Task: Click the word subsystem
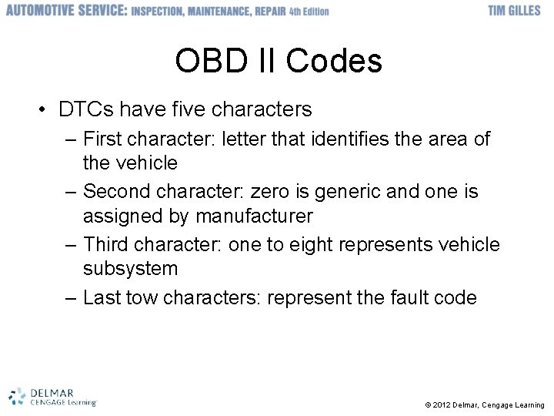click(x=130, y=268)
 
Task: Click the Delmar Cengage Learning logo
click(x=52, y=396)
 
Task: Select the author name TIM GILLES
click(x=514, y=11)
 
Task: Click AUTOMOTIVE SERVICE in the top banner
click(x=66, y=11)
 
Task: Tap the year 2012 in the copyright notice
click(x=442, y=405)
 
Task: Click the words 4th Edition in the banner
click(x=306, y=12)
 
